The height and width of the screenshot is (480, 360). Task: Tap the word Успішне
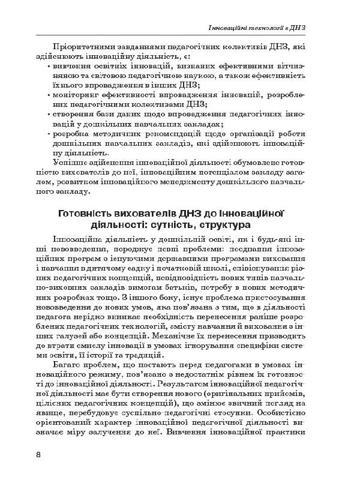71,163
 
